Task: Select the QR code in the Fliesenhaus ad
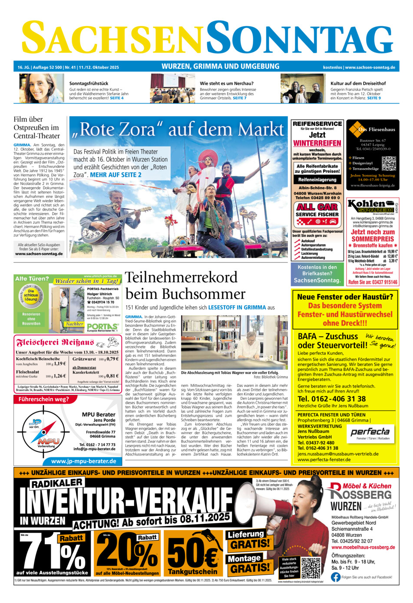(x=389, y=164)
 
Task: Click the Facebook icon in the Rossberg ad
(x=335, y=577)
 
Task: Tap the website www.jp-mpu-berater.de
(x=83, y=461)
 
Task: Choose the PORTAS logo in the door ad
(x=102, y=326)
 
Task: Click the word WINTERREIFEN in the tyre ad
(x=317, y=143)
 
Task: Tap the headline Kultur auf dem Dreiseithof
(x=358, y=83)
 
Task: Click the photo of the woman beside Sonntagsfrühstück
(x=41, y=88)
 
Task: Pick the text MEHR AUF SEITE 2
(x=116, y=175)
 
